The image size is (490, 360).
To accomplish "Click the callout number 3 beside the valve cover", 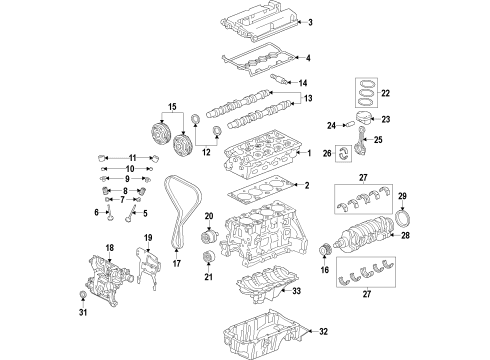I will click(311, 23).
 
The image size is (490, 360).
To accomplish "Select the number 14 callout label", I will click(304, 81).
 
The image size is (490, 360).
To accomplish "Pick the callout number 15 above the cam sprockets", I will click(170, 106).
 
